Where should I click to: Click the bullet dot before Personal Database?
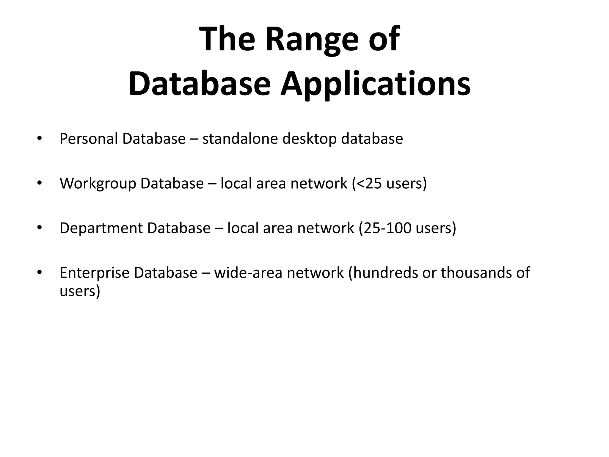tap(39, 138)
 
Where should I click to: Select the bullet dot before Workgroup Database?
tap(39, 183)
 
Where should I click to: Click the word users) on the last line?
tap(80, 291)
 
